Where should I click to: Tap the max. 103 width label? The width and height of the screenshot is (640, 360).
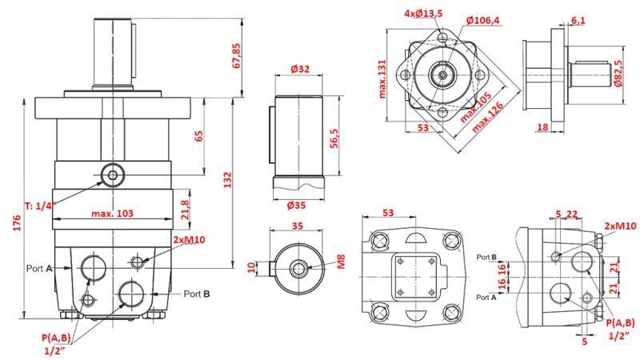pos(112,213)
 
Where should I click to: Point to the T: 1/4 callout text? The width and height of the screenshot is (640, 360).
pos(39,206)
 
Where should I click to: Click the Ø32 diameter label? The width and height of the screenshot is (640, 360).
pos(300,70)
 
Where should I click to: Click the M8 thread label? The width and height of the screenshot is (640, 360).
pos(339,261)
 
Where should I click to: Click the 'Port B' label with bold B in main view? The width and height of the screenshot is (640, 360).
pos(197,294)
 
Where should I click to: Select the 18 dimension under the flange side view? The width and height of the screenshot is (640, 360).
pos(542,127)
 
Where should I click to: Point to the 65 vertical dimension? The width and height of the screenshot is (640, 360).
pos(198,134)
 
